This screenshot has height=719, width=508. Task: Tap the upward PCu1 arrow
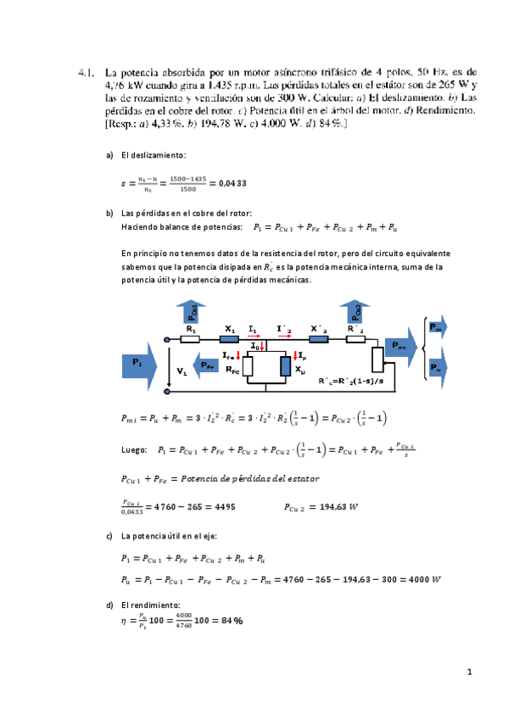(x=192, y=311)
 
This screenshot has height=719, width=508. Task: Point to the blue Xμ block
(x=284, y=366)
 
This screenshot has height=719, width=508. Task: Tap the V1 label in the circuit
(x=181, y=371)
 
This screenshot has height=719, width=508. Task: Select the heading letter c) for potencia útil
(x=109, y=537)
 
